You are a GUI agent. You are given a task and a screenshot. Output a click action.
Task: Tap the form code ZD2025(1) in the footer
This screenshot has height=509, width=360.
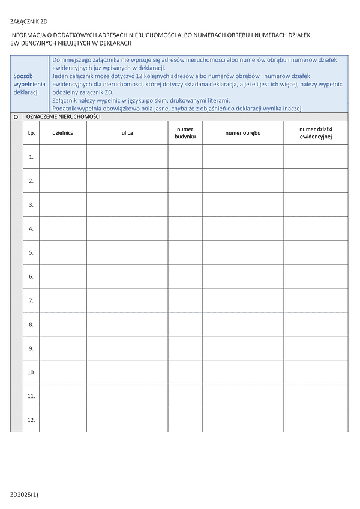24,495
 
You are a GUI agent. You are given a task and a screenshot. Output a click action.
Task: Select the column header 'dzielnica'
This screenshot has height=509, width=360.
63,132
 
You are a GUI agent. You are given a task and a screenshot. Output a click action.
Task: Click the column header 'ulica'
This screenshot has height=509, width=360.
127,132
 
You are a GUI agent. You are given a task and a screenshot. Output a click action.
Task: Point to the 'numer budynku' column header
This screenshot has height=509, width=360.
185,132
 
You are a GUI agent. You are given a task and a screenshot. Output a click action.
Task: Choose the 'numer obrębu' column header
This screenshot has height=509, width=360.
242,132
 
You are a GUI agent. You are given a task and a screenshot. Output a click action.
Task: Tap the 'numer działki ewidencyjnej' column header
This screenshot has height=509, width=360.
316,132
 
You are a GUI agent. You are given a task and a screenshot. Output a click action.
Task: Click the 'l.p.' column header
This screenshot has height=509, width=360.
31,132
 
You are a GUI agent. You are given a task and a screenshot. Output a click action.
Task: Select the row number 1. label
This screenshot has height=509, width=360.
31,156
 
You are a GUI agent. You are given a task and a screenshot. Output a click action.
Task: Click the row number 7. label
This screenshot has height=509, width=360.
31,300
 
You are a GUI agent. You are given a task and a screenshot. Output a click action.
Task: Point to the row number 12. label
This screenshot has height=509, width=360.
31,420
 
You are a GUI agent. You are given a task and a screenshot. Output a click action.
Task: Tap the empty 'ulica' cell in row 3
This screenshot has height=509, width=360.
127,204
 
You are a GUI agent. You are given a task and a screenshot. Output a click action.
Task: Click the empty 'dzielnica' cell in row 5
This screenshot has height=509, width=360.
63,252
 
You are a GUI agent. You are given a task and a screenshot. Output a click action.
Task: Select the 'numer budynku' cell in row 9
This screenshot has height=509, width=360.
185,348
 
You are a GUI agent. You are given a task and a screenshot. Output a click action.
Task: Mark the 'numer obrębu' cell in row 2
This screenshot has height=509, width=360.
242,180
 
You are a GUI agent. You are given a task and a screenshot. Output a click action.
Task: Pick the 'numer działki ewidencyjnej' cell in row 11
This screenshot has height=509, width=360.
316,396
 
